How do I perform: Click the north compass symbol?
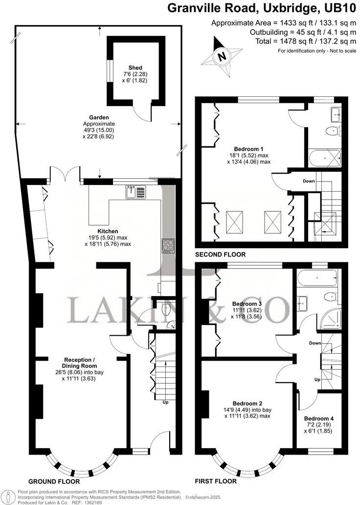point(222,57)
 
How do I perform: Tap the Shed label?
point(135,68)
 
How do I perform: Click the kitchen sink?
point(135,191)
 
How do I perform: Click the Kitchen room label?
point(108,231)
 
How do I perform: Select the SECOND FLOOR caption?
point(220,255)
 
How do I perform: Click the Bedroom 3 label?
point(245,303)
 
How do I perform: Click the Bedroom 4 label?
point(319,418)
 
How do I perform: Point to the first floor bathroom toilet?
point(330,296)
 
